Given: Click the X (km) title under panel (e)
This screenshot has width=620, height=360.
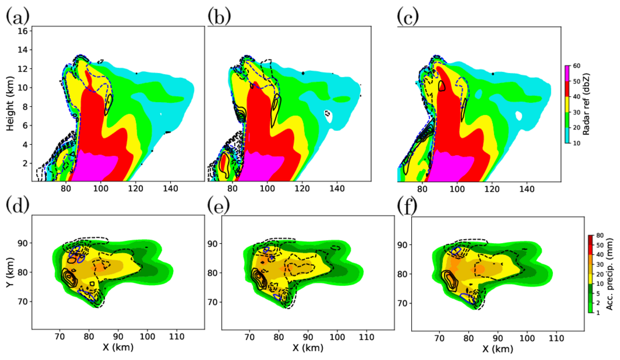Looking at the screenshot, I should coord(307,346).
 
